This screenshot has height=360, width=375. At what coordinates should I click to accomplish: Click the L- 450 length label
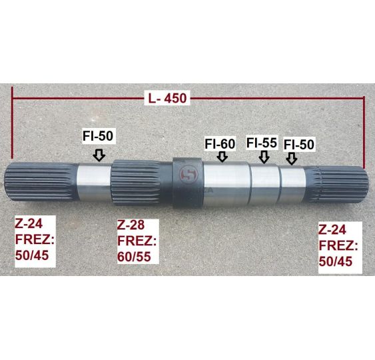point(167,98)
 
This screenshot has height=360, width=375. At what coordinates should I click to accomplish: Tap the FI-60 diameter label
point(220,144)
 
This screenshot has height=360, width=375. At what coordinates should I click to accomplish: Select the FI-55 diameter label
point(262,143)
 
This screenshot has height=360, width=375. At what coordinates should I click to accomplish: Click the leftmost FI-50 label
point(98,136)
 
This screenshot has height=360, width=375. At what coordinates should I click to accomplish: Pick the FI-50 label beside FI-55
point(298,145)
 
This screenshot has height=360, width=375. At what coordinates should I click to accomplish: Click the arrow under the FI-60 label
point(222,157)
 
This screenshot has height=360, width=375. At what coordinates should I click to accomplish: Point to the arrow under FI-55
point(264,157)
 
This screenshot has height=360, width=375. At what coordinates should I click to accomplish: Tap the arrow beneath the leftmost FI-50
point(99,155)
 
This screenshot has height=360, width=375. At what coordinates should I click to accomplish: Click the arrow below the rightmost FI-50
point(292,159)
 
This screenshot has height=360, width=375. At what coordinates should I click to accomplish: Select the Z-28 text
point(131,225)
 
